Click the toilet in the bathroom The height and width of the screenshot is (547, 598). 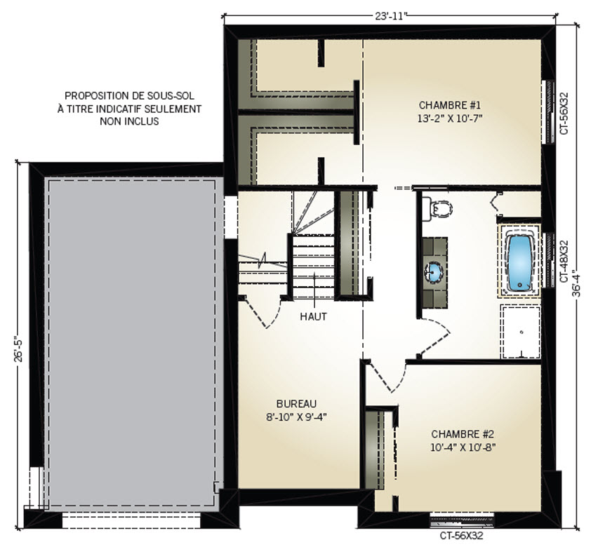(x=438, y=208)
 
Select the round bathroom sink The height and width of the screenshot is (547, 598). (x=434, y=271)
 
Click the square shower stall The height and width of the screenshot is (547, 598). (x=521, y=332)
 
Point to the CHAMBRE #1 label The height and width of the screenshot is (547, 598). (x=450, y=104)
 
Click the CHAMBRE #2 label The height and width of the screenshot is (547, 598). (x=463, y=434)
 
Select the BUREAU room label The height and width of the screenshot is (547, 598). (x=296, y=403)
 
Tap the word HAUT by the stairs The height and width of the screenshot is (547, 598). (x=313, y=316)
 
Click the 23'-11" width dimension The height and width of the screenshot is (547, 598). (x=390, y=16)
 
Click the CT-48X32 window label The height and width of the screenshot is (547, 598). (x=564, y=261)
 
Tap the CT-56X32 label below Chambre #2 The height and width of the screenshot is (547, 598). (x=461, y=536)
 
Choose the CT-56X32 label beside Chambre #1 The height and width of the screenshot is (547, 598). (x=564, y=113)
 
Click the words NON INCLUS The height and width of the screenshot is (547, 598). (x=129, y=121)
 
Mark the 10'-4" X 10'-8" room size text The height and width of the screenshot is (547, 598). (x=463, y=447)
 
